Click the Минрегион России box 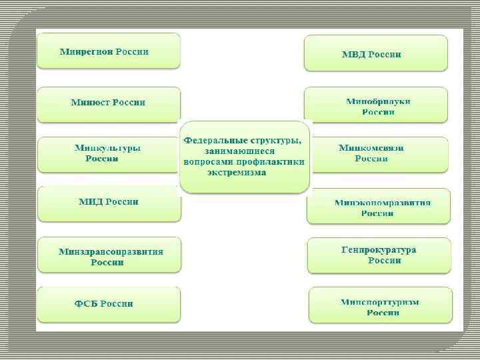point(108,51)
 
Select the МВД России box point(375,53)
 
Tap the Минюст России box point(108,103)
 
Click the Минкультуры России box point(108,154)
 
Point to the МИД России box point(109,203)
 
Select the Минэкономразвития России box point(378,207)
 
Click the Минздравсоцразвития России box point(109,255)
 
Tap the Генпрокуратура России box point(378,255)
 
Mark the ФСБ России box point(109,304)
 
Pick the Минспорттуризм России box point(380,306)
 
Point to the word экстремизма point(236,172)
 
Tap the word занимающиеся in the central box point(243,151)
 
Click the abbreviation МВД point(355,54)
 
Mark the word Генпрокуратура point(378,250)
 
